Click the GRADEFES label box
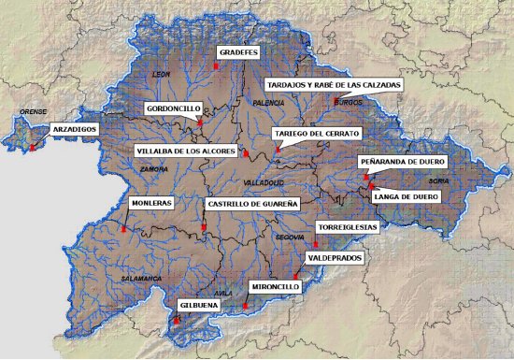(x=237, y=52)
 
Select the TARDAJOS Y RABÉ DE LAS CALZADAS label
(x=334, y=84)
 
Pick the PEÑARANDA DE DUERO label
(x=404, y=161)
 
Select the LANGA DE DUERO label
(x=405, y=196)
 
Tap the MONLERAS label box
(x=150, y=202)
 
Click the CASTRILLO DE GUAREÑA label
(x=251, y=203)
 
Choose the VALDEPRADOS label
(x=336, y=257)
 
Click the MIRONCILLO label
(x=275, y=286)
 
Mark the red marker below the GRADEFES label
(x=216, y=67)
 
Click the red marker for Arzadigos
(x=32, y=148)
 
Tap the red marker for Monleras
(x=123, y=228)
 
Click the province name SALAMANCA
(x=141, y=279)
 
